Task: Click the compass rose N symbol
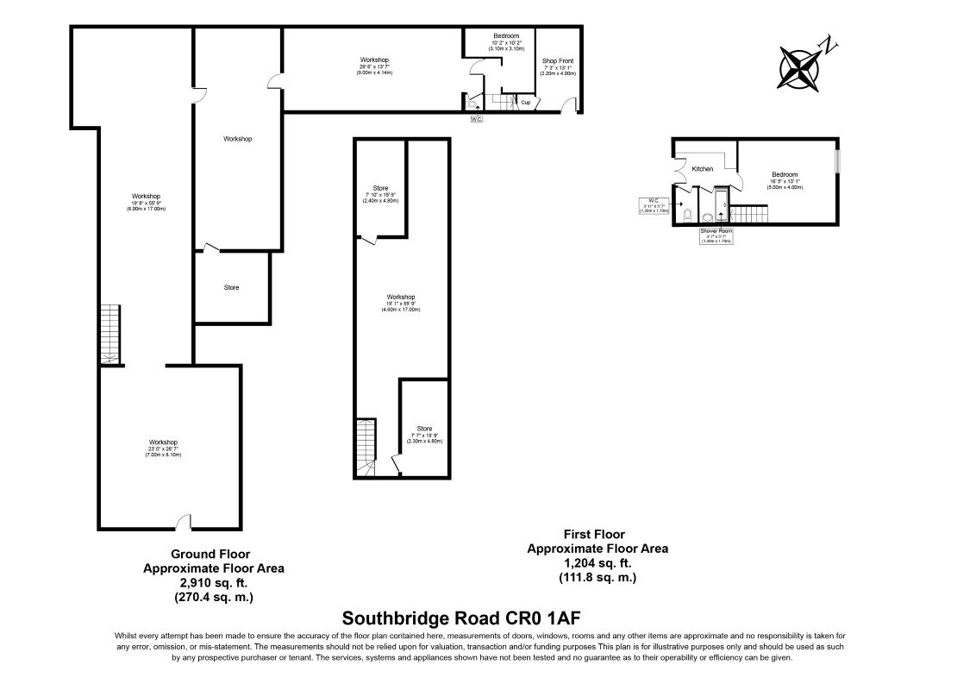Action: pos(829,46)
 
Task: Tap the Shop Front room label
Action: pos(557,61)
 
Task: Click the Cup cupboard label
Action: pos(525,103)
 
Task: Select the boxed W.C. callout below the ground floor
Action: pos(476,118)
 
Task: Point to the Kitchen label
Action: pos(703,168)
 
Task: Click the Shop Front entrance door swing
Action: pos(568,105)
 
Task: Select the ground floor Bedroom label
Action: pos(506,35)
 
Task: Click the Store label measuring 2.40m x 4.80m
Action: pos(380,188)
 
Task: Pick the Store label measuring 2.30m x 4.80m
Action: pos(424,429)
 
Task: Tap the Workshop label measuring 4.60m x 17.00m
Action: pos(401,297)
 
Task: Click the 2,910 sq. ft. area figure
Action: pos(213,582)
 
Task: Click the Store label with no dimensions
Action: pos(231,287)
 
